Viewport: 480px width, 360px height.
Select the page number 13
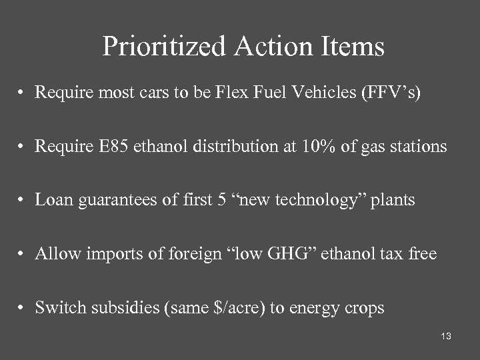point(446,337)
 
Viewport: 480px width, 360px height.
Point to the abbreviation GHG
point(293,253)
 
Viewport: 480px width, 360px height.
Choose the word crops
point(363,307)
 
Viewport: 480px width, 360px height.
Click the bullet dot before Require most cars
point(23,93)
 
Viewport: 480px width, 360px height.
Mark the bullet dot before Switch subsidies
point(23,308)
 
